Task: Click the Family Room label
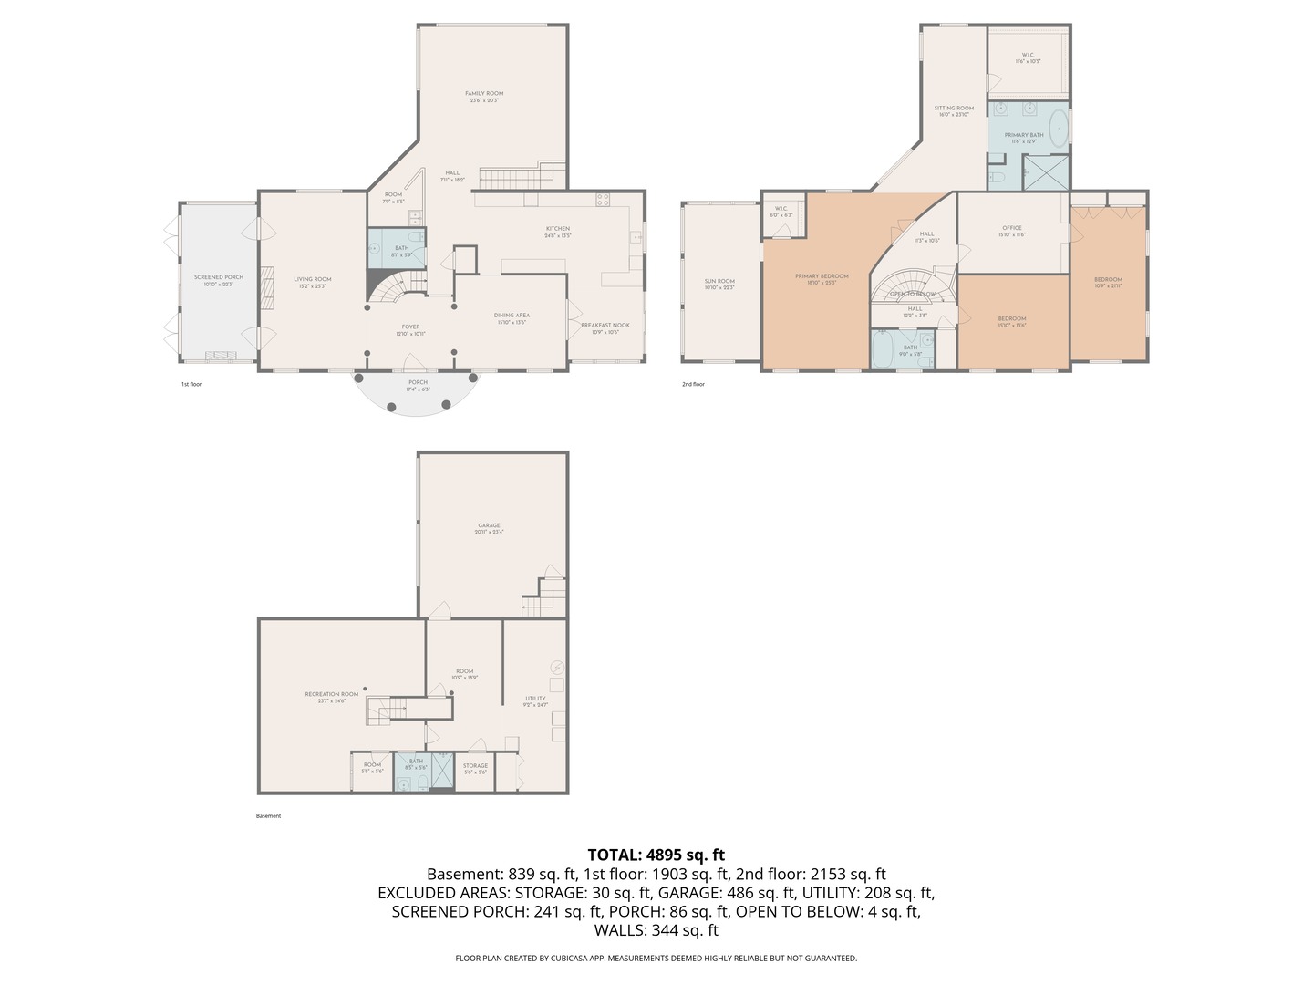[484, 94]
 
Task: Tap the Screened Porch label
[219, 277]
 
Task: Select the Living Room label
[312, 280]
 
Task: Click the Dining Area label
[512, 316]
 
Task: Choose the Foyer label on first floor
[410, 327]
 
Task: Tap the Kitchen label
[558, 229]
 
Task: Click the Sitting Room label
[954, 109]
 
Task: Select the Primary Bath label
[1024, 135]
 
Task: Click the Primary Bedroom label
[822, 276]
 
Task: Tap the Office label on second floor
[1012, 228]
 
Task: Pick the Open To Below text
[913, 295]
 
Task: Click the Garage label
[489, 525]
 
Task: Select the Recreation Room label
[332, 694]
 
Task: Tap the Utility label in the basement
[535, 699]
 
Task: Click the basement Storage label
[475, 766]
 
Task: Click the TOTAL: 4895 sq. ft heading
[656, 855]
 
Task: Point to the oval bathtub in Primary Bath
[1058, 129]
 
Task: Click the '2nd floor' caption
[693, 384]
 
